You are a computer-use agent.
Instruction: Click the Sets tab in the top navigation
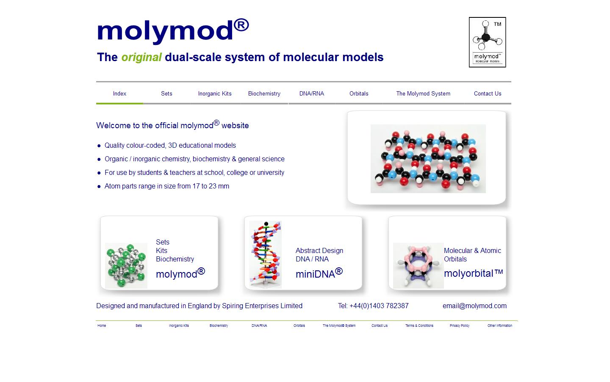166,93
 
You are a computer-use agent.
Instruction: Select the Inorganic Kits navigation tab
215,93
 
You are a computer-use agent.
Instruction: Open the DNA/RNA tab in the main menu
311,93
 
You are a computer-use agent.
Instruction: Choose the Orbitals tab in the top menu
359,93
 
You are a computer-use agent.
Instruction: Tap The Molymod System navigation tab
423,93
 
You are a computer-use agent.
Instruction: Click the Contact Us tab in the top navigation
488,93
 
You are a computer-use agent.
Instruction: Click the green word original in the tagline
141,57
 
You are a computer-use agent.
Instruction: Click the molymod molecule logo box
487,42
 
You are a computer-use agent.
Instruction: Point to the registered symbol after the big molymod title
241,25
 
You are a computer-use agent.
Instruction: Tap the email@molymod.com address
474,306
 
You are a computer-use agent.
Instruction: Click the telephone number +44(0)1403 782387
379,306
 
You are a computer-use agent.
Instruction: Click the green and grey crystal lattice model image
126,266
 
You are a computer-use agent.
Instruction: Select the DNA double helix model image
266,255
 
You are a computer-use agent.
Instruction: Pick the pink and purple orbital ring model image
418,266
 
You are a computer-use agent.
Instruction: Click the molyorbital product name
473,273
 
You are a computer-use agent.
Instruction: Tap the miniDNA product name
319,273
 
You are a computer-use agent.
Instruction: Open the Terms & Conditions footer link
419,326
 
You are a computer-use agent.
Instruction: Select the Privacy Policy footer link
459,326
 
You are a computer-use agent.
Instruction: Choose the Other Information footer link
500,326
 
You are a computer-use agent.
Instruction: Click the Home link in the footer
102,326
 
